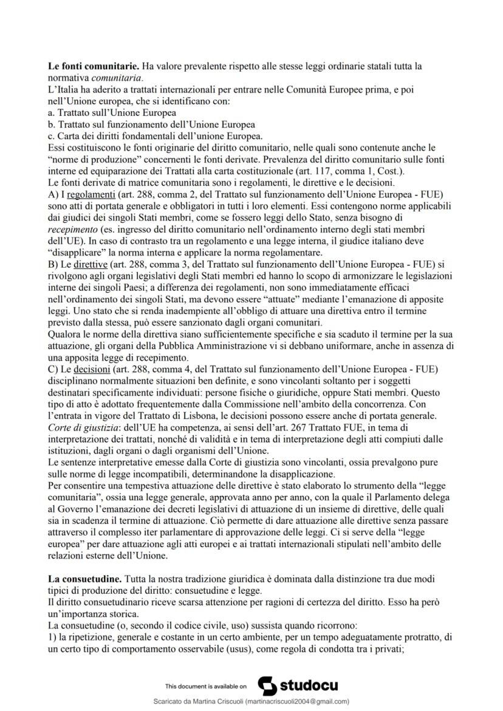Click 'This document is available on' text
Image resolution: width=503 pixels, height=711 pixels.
tap(206, 686)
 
